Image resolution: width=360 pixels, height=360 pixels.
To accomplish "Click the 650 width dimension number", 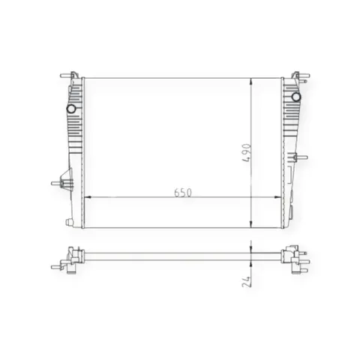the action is click(x=183, y=193).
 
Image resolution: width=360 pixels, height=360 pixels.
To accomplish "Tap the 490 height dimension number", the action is click(x=247, y=153).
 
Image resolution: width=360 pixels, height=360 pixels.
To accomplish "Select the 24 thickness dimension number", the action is click(x=247, y=282).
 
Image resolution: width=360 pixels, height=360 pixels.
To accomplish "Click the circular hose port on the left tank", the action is click(x=71, y=109).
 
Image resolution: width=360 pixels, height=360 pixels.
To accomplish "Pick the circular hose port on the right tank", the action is click(x=296, y=97).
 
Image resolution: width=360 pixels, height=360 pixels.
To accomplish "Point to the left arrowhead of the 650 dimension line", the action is click(x=88, y=197).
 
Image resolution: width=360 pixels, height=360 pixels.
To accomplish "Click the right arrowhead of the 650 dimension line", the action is click(x=278, y=197).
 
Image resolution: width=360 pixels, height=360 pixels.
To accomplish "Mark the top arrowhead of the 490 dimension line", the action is click(x=250, y=82).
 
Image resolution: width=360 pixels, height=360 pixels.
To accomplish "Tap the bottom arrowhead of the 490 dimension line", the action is click(x=250, y=224).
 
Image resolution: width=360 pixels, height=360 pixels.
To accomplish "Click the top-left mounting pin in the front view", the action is click(x=66, y=75).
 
